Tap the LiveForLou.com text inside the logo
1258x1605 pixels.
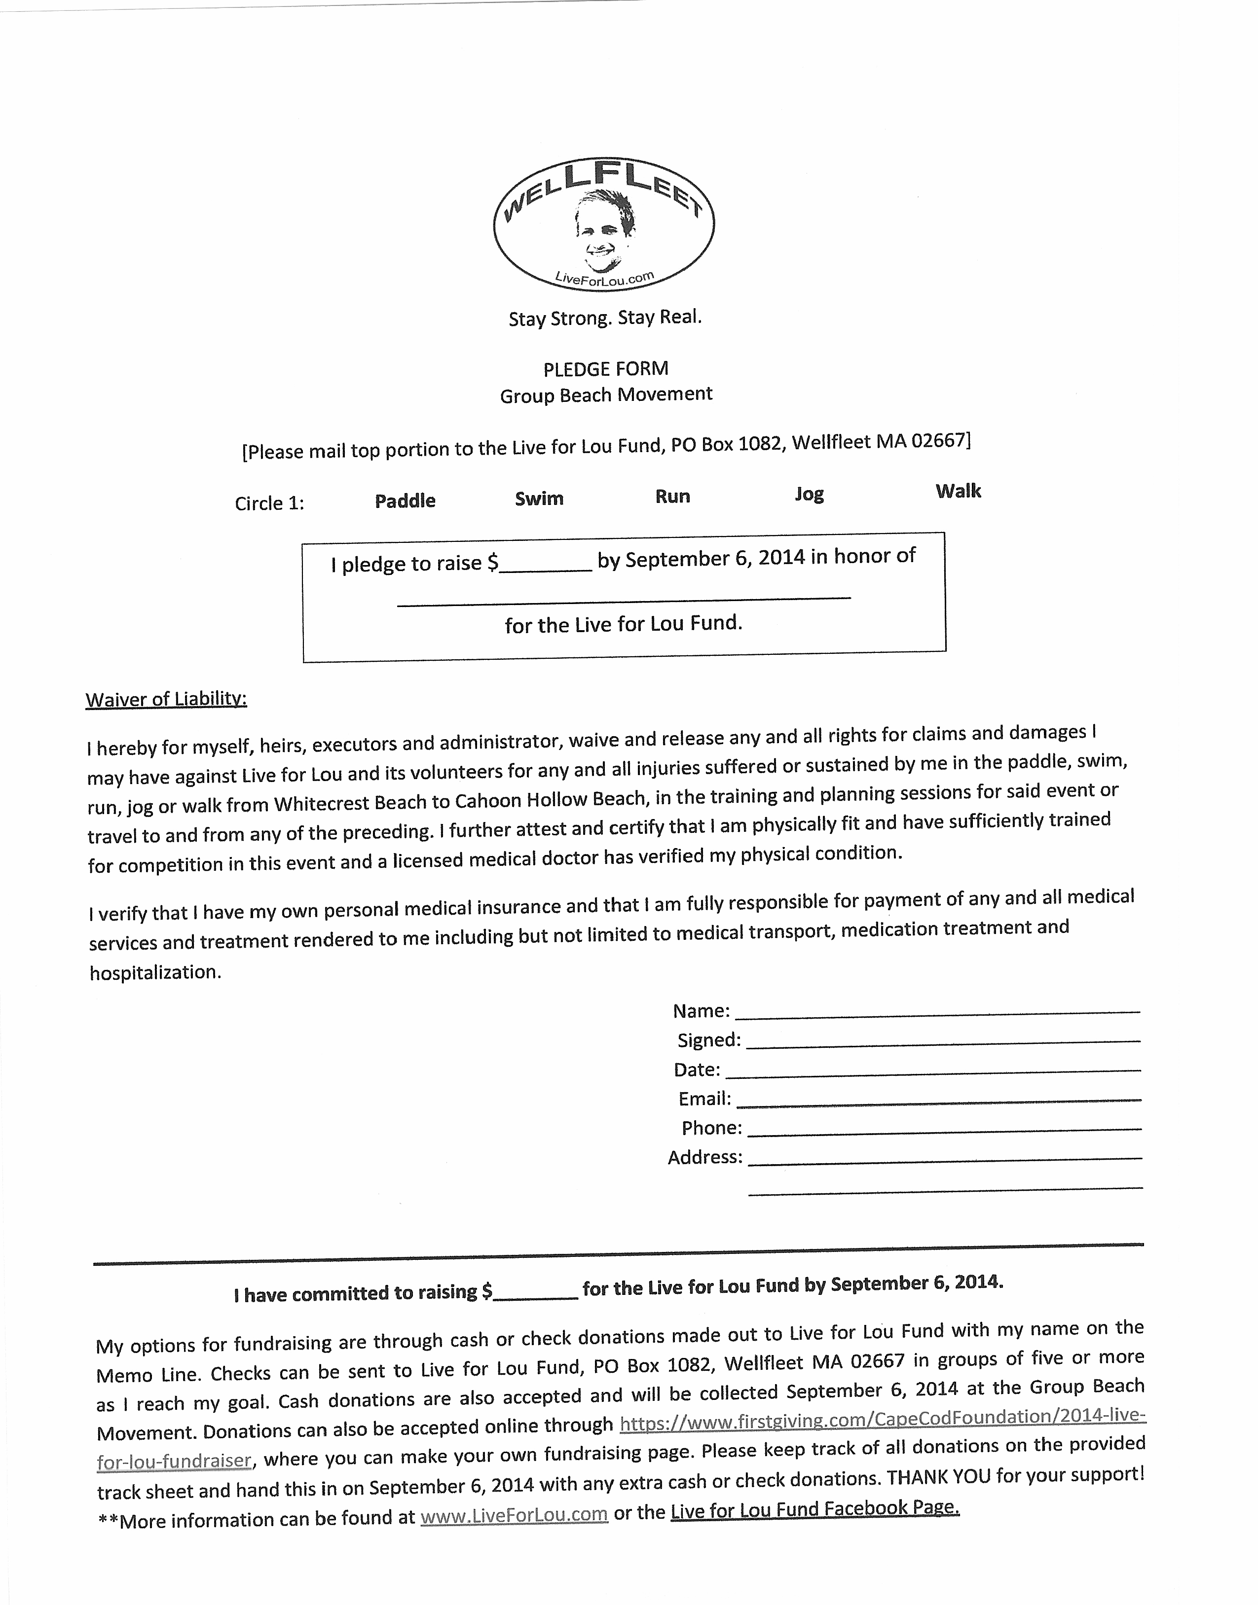(x=604, y=278)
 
